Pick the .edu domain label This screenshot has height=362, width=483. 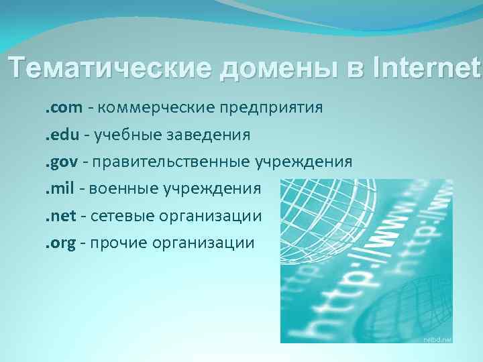pos(58,135)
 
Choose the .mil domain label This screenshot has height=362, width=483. pos(56,188)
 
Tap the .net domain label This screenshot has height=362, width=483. pos(57,216)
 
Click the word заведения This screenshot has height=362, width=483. pos(205,135)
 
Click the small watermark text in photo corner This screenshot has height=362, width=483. pos(437,339)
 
